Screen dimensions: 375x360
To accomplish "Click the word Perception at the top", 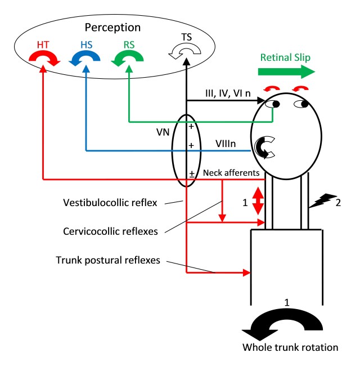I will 113,27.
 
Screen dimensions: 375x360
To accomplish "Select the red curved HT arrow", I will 45,58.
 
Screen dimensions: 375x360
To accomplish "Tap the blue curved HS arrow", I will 86,58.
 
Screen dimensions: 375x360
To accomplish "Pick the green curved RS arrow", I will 129,58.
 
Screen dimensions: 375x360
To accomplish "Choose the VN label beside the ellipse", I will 162,135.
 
